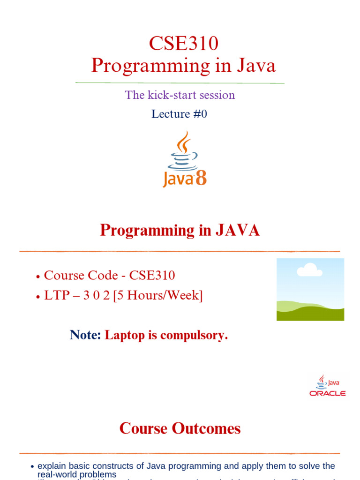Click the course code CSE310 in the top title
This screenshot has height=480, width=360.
pyautogui.click(x=183, y=44)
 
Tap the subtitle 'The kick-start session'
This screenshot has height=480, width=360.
pyautogui.click(x=180, y=95)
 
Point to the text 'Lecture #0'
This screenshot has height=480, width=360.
pyautogui.click(x=179, y=114)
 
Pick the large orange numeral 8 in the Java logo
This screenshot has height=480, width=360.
pyautogui.click(x=201, y=179)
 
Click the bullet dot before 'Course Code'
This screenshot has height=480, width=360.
pyautogui.click(x=38, y=277)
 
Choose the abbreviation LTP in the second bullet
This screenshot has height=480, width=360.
pyautogui.click(x=55, y=296)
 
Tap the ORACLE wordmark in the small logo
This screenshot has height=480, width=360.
pyautogui.click(x=328, y=393)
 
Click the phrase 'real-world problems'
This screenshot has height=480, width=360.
pyautogui.click(x=77, y=474)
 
